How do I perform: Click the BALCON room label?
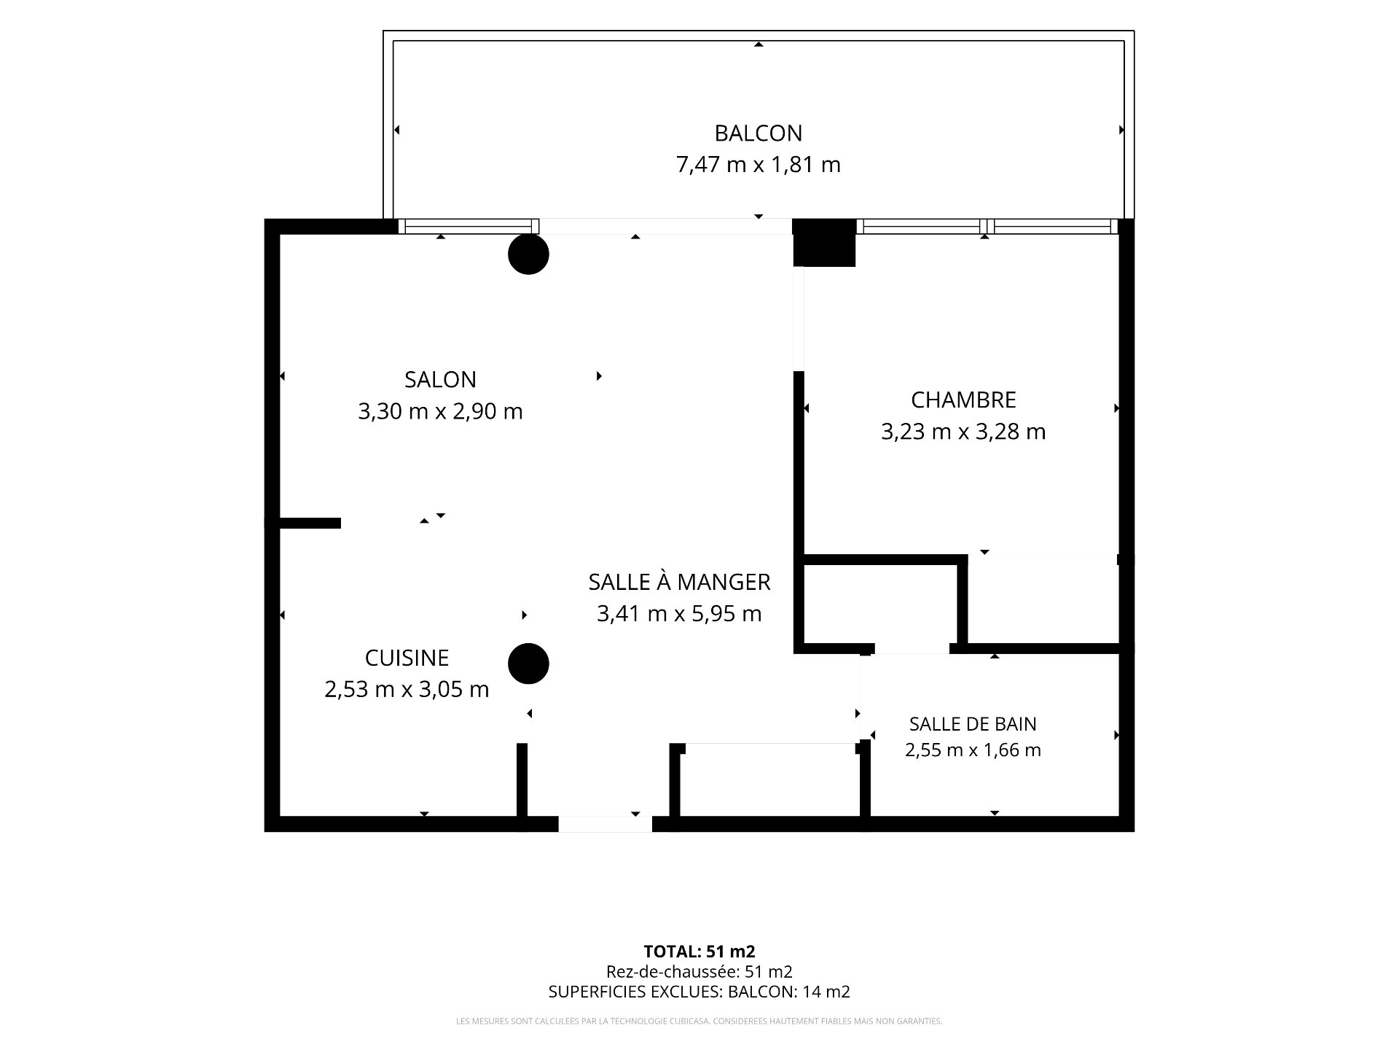click(758, 133)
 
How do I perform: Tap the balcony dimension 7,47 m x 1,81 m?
click(759, 165)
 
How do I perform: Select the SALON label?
click(440, 380)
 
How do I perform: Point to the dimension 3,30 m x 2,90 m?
click(440, 412)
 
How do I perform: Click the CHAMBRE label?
click(963, 400)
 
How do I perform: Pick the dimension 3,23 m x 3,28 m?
click(963, 432)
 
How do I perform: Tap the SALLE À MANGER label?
click(679, 582)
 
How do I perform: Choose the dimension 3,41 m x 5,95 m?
click(679, 614)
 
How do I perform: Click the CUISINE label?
click(407, 658)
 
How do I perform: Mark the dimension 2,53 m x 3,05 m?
click(407, 690)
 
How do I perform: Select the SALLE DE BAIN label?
click(973, 724)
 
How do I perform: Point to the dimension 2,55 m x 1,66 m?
click(973, 750)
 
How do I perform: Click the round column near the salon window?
click(528, 254)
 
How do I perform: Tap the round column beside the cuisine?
click(528, 664)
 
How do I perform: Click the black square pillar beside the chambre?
click(824, 243)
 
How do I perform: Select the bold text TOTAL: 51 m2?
click(699, 952)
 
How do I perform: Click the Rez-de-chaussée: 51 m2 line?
click(699, 971)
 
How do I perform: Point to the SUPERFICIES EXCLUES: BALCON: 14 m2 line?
click(699, 992)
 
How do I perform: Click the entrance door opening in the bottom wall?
click(605, 824)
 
